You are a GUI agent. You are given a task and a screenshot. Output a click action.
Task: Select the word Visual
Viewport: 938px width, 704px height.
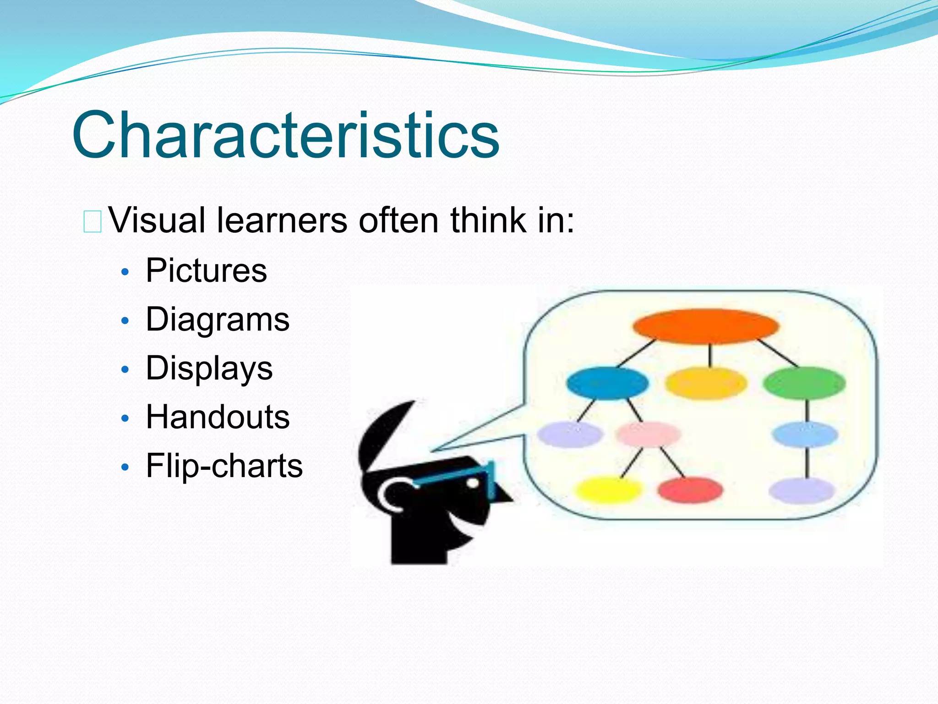pos(157,220)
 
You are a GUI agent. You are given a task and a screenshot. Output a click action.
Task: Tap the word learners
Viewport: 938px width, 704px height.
pos(282,220)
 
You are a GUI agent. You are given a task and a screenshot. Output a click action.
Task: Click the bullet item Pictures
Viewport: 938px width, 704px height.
pos(206,270)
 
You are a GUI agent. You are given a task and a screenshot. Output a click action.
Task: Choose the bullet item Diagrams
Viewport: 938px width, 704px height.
pos(218,319)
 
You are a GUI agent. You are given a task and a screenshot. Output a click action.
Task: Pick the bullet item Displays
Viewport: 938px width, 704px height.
pos(209,368)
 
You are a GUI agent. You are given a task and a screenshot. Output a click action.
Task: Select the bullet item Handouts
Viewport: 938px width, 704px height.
pos(218,417)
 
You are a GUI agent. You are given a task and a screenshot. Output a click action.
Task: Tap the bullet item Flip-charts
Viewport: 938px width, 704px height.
pos(224,466)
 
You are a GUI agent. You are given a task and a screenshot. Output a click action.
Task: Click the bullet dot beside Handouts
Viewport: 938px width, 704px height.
pos(125,418)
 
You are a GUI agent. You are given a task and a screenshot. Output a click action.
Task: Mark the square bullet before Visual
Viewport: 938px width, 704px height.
pos(92,221)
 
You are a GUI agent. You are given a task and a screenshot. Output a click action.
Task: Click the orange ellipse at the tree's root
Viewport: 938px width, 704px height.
pos(706,326)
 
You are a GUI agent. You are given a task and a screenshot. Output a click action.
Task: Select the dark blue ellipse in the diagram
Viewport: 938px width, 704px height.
pos(607,383)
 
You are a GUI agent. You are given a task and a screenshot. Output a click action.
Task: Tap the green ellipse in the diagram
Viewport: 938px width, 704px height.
pos(804,383)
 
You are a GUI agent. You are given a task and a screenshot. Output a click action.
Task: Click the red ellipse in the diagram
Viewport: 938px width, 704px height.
pos(690,489)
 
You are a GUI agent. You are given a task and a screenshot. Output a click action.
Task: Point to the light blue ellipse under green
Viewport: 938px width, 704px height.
pos(805,434)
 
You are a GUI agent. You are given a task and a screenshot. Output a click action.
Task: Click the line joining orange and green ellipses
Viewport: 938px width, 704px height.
pos(778,353)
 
